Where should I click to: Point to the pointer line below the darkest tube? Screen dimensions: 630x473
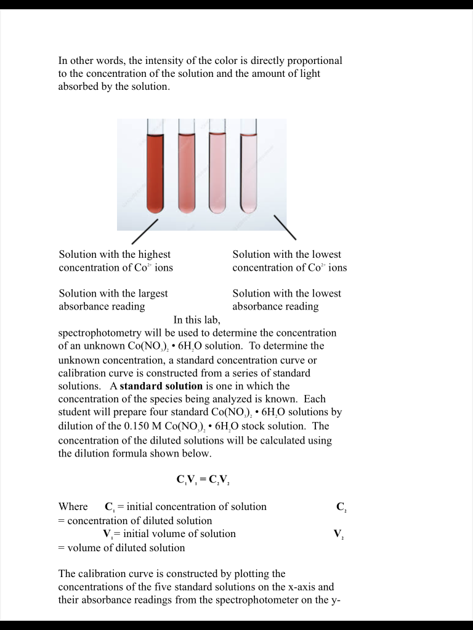tap(145, 231)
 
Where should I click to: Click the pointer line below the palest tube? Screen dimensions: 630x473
tap(285, 228)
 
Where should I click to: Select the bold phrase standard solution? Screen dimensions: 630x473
tap(161, 386)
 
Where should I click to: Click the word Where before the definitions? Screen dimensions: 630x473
tap(73, 507)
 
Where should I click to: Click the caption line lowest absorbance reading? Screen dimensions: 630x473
tap(275, 306)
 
